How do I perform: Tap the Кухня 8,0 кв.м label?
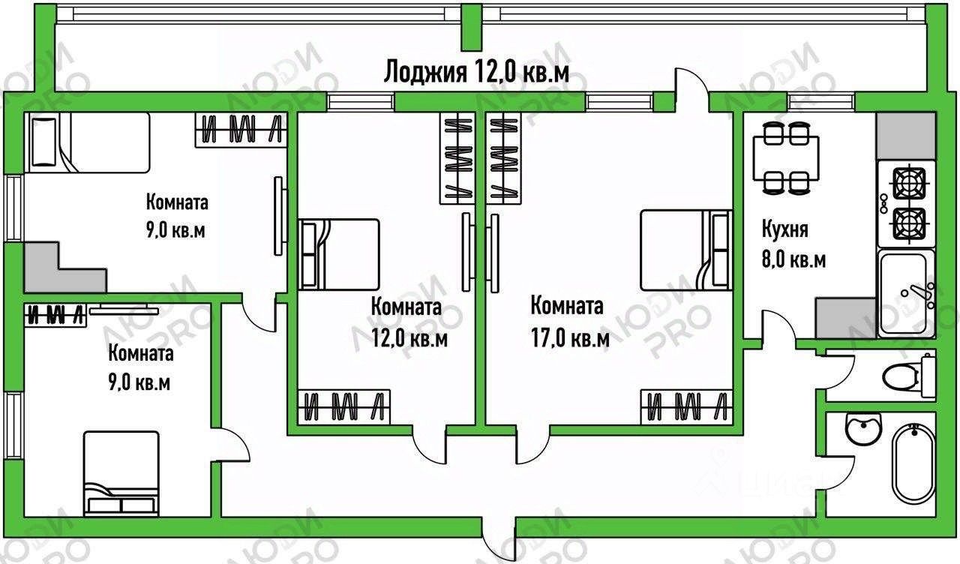coord(794,244)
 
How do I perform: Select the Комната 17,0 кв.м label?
coord(568,322)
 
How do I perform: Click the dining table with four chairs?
coord(786,157)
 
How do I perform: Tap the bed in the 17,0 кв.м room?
coord(686,250)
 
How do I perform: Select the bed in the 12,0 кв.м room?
coord(339,253)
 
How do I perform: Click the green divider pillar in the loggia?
coord(471,27)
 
